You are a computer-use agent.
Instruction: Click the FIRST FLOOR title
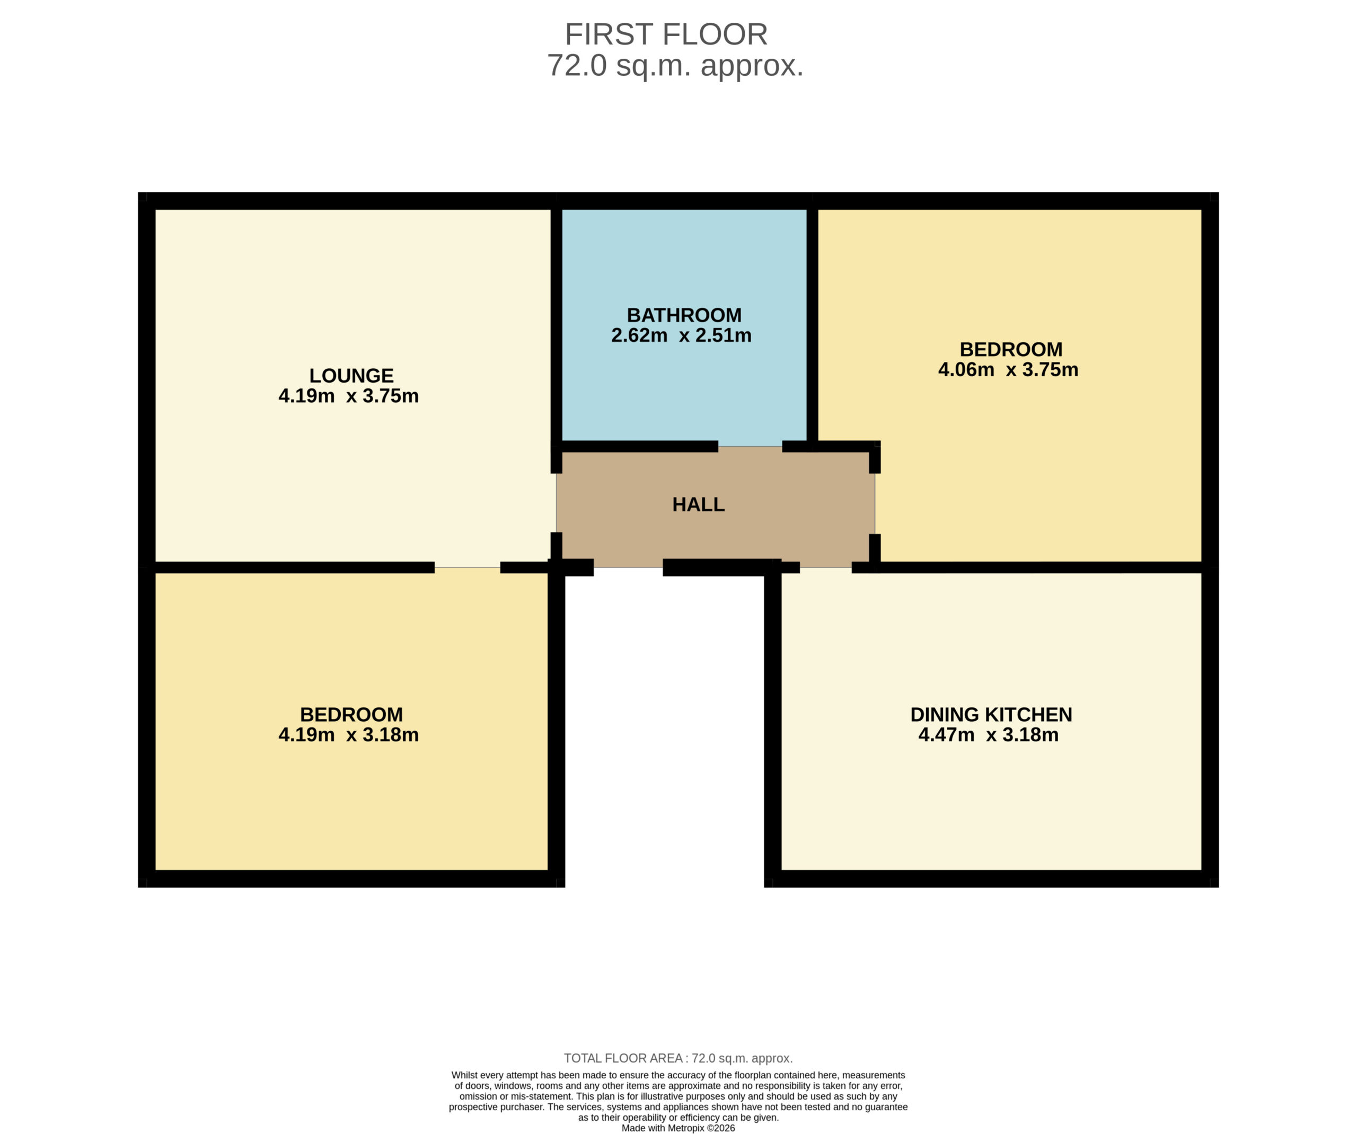coord(666,34)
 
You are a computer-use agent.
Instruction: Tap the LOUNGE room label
coord(351,375)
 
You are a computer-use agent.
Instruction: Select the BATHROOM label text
coord(684,315)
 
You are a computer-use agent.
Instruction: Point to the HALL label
coord(699,504)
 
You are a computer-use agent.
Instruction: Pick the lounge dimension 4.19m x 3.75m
coord(348,395)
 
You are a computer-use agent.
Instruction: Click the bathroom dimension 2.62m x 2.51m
coord(681,335)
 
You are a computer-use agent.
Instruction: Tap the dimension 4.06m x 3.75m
coord(1008,369)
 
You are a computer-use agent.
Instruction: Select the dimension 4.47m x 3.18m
coord(989,734)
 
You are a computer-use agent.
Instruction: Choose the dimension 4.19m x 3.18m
coord(348,734)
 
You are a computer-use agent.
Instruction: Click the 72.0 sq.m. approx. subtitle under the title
coord(675,66)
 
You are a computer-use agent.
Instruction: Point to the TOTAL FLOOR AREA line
coord(678,1058)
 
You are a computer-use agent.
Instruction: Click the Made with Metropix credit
coord(678,1128)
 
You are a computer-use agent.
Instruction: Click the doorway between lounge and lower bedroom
coord(467,568)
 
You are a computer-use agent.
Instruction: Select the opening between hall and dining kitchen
coord(826,568)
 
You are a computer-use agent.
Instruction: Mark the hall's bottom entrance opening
coord(628,568)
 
